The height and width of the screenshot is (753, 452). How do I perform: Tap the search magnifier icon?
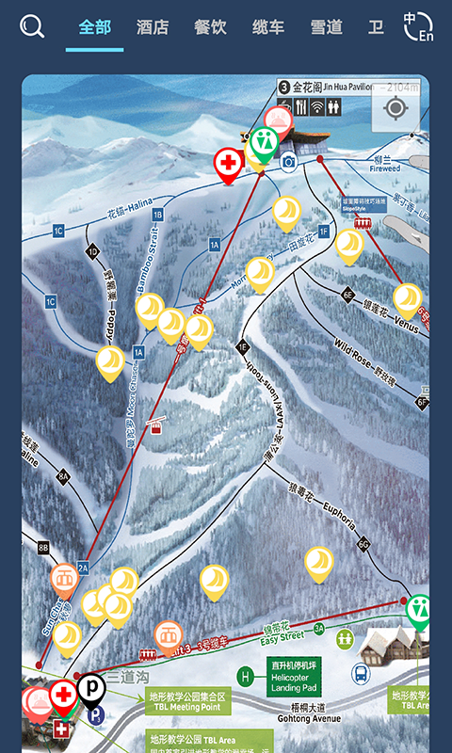coord(32,26)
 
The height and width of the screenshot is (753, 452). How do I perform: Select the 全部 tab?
coord(94,27)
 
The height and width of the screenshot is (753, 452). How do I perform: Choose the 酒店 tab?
coord(152,27)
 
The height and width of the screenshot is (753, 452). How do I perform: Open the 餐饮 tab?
coord(210,27)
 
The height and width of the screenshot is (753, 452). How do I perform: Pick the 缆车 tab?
coord(268,27)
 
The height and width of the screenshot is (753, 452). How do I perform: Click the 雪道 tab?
coord(327,27)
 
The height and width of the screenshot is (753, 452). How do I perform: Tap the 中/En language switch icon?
coord(418,26)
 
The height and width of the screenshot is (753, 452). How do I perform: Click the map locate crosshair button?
coord(395,107)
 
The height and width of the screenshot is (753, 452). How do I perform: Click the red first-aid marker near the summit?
coord(228,164)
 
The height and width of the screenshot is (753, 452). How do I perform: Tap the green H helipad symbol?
coord(246,676)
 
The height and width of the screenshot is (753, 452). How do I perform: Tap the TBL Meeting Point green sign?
coord(185,702)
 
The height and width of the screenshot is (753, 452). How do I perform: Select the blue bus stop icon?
coord(360,673)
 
